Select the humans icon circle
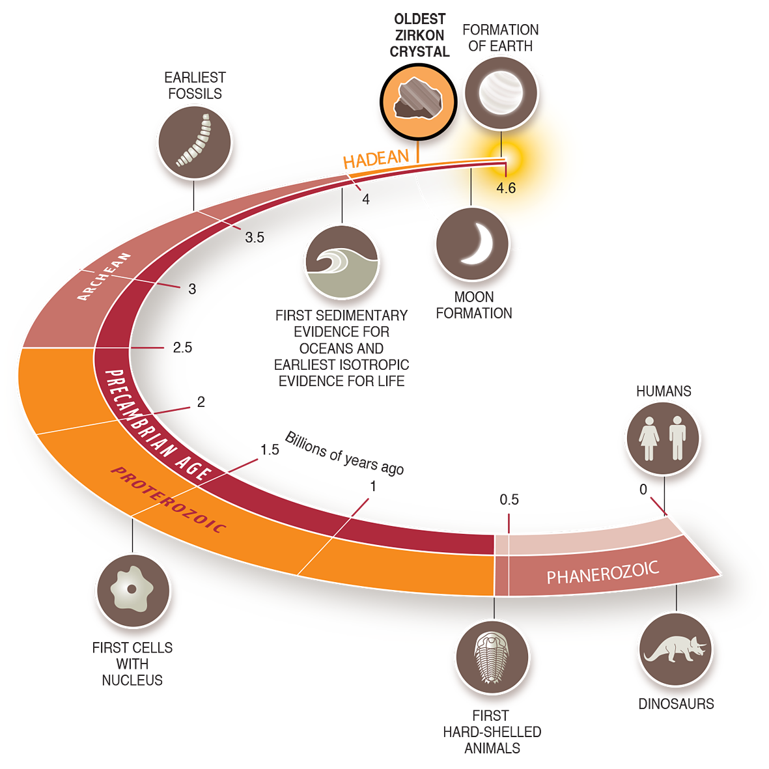[663, 438]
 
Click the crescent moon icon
[472, 244]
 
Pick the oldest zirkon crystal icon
[419, 101]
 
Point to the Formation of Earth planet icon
[501, 92]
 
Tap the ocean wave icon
[341, 262]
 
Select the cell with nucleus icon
[133, 591]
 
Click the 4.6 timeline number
[506, 188]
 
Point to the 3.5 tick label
[255, 238]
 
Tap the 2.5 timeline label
[182, 348]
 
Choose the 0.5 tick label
[509, 499]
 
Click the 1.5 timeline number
[270, 450]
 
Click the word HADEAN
[376, 159]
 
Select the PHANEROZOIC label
[602, 573]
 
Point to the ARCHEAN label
[104, 276]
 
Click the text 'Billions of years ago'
[344, 453]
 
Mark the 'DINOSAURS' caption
[676, 704]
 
